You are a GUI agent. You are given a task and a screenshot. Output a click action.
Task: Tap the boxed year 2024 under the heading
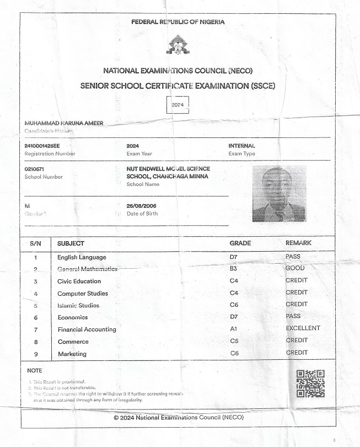(x=178, y=105)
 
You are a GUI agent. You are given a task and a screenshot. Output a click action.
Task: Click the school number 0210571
(x=34, y=169)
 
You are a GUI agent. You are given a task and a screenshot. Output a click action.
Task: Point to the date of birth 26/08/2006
(x=141, y=206)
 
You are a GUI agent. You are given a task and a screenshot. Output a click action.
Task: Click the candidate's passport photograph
(x=279, y=194)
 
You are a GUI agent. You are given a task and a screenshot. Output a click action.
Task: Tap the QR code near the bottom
(x=310, y=384)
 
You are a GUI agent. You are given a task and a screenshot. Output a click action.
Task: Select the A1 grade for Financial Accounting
(x=234, y=329)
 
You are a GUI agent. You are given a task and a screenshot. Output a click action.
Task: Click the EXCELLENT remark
(x=303, y=328)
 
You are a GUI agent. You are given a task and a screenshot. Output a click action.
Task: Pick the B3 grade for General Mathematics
(x=234, y=269)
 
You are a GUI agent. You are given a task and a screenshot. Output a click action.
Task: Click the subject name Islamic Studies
(x=78, y=305)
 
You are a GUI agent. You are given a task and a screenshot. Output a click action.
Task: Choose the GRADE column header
(x=240, y=243)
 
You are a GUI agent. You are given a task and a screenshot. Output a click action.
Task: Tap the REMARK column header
(x=298, y=243)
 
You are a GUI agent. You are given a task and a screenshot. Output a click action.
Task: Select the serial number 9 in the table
(x=35, y=354)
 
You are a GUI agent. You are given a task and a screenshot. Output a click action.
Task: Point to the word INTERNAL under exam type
(x=241, y=146)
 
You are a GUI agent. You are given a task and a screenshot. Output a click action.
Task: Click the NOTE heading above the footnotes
(x=34, y=370)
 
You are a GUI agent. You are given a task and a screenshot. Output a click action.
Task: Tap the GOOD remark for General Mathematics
(x=295, y=268)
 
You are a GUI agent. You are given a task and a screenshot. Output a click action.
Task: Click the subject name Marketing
(x=72, y=354)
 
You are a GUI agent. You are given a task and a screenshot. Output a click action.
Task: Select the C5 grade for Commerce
(x=234, y=341)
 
